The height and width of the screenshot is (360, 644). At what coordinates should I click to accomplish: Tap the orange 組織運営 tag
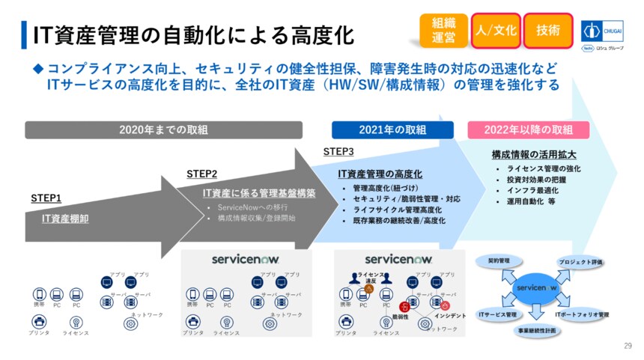tap(443, 31)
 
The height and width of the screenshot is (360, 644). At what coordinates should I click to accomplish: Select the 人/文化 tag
tap(495, 31)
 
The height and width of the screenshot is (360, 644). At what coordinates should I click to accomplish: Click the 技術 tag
tap(547, 31)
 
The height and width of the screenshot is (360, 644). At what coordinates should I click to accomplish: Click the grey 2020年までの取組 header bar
tap(163, 129)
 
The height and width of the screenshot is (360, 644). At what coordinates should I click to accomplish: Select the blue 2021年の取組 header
tap(392, 129)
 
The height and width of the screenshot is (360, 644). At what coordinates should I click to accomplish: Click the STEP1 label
tap(46, 198)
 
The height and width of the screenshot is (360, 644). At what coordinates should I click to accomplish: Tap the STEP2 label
tap(202, 174)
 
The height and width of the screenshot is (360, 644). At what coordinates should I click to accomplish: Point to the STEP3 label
tap(338, 151)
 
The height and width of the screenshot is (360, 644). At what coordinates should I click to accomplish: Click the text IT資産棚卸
tap(66, 219)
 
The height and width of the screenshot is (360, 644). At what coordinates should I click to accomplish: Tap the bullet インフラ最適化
tap(531, 190)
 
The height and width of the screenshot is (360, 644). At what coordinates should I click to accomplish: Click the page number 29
tap(628, 346)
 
